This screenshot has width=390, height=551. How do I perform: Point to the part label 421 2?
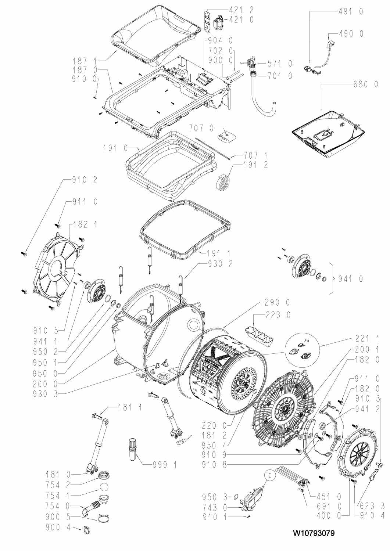coord(240,10)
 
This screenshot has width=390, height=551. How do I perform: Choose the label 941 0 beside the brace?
coord(350,279)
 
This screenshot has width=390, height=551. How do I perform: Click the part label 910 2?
coord(85,180)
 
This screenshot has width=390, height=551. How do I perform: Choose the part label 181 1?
coord(131,407)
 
